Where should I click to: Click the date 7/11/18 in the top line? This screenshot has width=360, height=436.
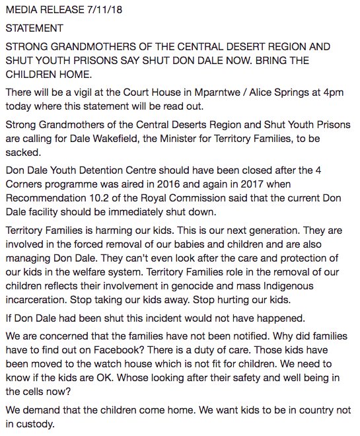102,11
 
